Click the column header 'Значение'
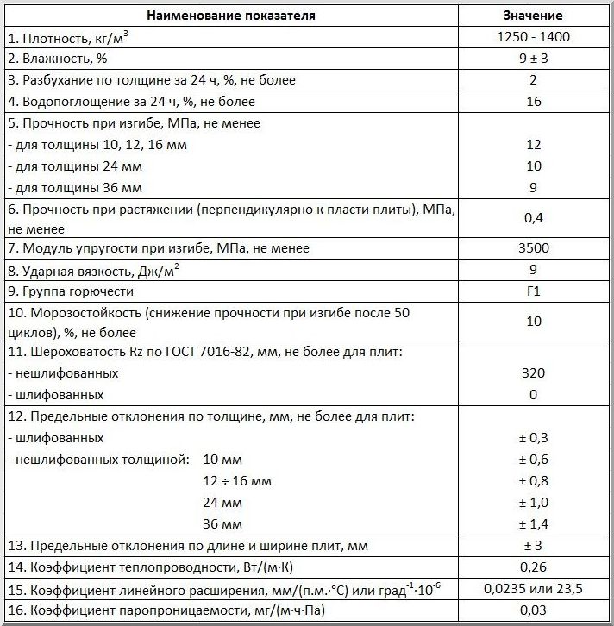533,16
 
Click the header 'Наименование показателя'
230,16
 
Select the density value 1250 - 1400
533,37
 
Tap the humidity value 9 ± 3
533,59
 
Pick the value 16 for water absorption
533,102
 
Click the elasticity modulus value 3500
533,248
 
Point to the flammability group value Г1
533,291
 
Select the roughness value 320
533,373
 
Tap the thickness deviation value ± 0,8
533,480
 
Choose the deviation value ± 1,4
533,523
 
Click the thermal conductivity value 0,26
533,567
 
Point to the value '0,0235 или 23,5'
533,590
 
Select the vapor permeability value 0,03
533,611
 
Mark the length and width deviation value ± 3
533,546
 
